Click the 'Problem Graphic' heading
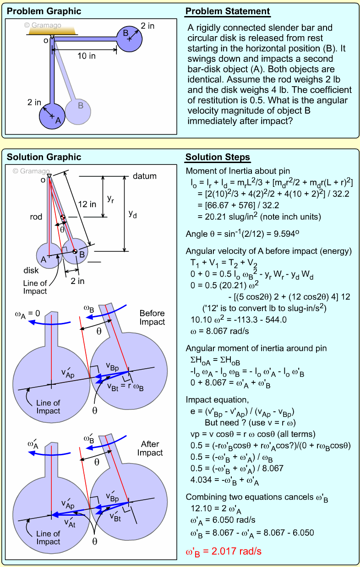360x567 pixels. [44, 11]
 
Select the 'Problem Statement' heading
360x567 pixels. [227, 11]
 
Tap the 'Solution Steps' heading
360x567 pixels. [218, 158]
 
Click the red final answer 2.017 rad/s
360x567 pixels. [224, 551]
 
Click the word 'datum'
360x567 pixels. [145, 176]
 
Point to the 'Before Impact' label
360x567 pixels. [152, 317]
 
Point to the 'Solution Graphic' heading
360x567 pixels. [44, 158]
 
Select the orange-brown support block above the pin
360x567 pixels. [51, 30]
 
